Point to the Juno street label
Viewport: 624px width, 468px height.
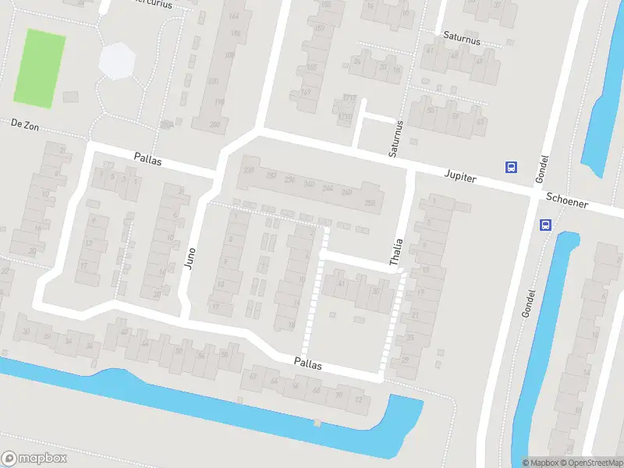(190, 255)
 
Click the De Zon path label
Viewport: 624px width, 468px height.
(25, 123)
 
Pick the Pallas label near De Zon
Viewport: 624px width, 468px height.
(148, 156)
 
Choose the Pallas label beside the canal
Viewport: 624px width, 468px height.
(308, 363)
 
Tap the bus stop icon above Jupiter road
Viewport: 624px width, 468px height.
(512, 166)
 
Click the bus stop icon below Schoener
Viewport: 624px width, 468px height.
(544, 225)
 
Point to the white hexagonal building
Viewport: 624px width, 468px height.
(118, 61)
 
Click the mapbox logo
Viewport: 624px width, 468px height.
(34, 459)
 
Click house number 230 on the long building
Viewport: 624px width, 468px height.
(249, 170)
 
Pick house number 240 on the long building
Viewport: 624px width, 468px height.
(309, 184)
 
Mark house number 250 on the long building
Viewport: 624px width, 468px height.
(369, 203)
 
